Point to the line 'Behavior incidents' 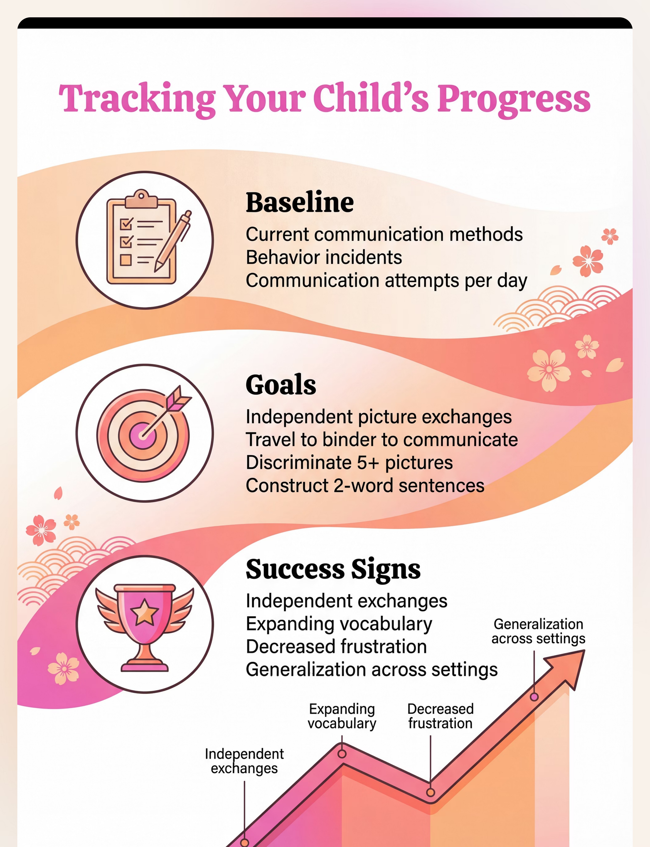click(x=324, y=257)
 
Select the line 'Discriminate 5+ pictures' click(x=349, y=463)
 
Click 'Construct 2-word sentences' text click(x=365, y=485)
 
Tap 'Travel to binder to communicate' click(x=382, y=440)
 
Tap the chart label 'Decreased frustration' click(x=440, y=716)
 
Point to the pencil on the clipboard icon click(x=172, y=241)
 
